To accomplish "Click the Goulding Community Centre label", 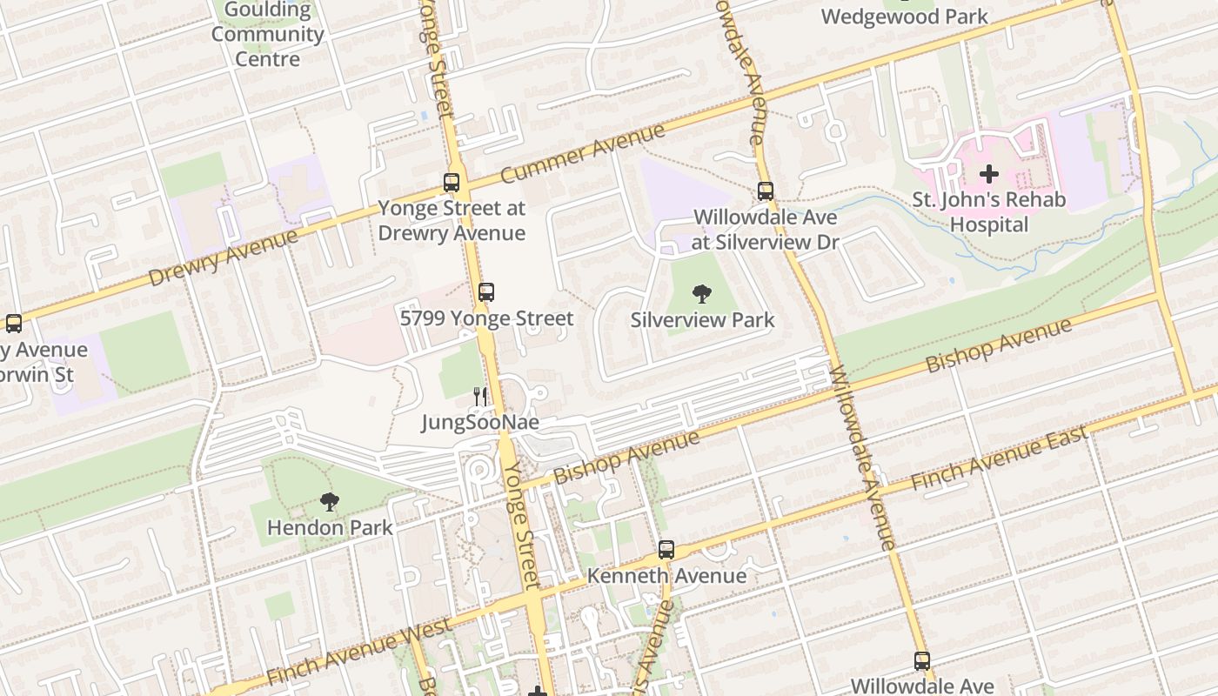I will coord(267,35).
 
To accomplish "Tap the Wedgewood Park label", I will coord(905,17).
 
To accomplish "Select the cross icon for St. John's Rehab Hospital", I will coord(988,174).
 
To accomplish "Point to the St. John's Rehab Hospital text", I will coord(988,212).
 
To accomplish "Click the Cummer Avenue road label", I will coord(583,154).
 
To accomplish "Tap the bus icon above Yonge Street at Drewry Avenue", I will coord(451,183).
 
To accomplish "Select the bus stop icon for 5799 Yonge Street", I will coord(486,292).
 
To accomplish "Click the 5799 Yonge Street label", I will coord(486,318).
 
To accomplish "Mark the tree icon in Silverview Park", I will coord(701,294).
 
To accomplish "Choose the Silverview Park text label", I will coord(702,320).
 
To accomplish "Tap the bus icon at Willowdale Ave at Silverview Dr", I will coord(766,191).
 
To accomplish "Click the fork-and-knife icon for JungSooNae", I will coord(480,397).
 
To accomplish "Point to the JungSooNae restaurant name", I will coord(480,423).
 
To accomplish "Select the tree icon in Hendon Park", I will coord(329,501).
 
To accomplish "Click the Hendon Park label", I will coord(330,527).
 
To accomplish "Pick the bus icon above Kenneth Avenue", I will coord(666,550).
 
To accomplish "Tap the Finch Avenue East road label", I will coord(999,458).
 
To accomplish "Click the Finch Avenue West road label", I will coord(359,652).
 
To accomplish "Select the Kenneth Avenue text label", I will coord(666,576).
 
